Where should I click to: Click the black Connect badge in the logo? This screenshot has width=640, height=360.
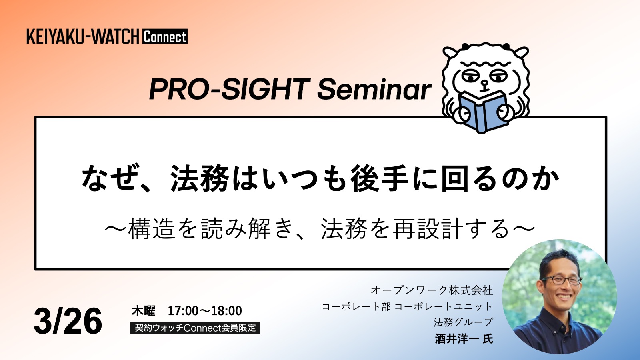[x=165, y=36]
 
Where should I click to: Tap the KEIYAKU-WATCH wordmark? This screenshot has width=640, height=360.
[x=83, y=36]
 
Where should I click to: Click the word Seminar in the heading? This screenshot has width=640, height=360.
[x=374, y=89]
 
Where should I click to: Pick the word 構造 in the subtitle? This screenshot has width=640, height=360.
[x=151, y=228]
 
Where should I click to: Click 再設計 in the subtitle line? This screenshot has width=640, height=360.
[x=428, y=228]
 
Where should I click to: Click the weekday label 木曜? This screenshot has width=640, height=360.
[x=144, y=311]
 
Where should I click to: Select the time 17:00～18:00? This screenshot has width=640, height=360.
[x=204, y=311]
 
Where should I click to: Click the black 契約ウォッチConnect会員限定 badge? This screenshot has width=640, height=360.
[x=195, y=328]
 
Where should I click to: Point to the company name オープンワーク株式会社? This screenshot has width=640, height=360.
[x=432, y=290]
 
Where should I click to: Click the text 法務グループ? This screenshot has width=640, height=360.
[x=463, y=322]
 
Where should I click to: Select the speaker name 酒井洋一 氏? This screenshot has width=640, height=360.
[x=464, y=339]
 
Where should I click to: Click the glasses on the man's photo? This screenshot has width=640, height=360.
[x=562, y=280]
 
